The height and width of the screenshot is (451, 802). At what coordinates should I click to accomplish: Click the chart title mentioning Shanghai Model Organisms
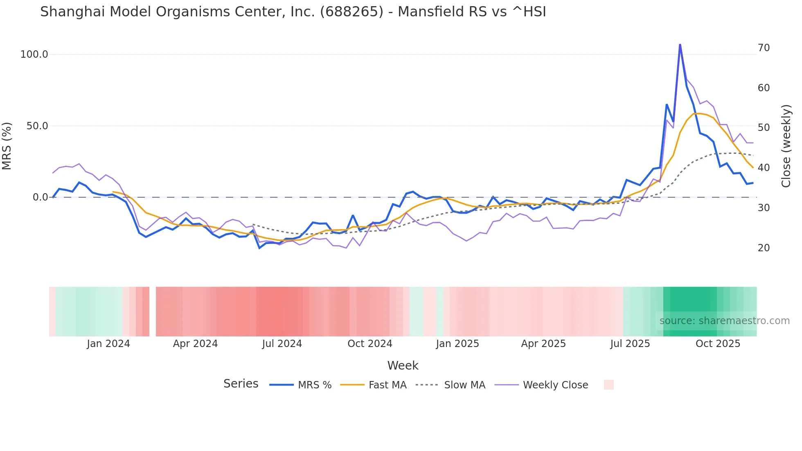pos(293,12)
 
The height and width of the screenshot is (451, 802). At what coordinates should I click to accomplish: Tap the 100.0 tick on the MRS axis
pos(34,54)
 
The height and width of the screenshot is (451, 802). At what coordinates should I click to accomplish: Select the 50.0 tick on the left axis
pos(37,126)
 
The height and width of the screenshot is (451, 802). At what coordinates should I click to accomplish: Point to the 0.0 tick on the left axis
pos(40,197)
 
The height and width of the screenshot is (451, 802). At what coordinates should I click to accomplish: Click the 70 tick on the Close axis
pos(764,48)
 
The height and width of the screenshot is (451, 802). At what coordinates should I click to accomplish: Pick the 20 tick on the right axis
pos(764,248)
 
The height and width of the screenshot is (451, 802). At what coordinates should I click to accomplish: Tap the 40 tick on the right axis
pos(764,168)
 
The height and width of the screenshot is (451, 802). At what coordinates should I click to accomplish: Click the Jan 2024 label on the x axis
pos(108,344)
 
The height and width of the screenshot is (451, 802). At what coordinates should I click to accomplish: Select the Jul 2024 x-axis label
pos(282,344)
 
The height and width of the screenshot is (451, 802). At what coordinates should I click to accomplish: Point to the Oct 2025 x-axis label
pos(718,344)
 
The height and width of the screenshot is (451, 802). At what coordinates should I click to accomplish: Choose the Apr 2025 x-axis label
pos(543,344)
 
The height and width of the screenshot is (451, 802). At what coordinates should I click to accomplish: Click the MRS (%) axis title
pos(7,146)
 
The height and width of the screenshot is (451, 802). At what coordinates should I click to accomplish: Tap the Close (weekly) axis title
pos(786,146)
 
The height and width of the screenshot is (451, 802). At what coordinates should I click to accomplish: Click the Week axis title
pos(403,365)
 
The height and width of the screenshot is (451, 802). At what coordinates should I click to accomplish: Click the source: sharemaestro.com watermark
pos(724,321)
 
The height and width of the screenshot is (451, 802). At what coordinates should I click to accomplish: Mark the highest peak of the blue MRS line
pos(680,44)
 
